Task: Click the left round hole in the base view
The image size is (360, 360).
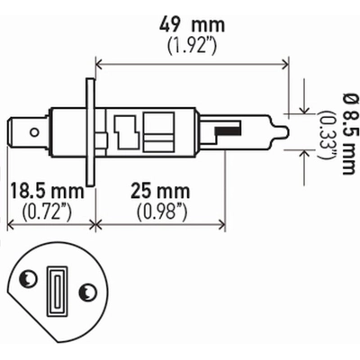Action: click(28, 282)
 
